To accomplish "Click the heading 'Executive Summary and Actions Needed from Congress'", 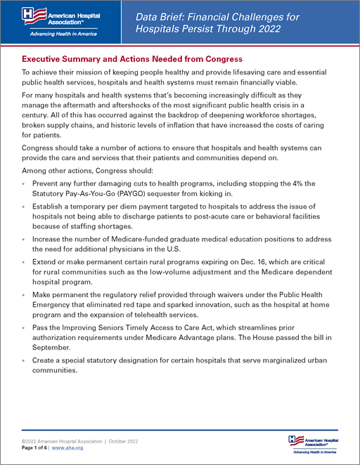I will pyautogui.click(x=132, y=58).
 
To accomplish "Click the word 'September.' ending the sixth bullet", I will pyautogui.click(x=53, y=346).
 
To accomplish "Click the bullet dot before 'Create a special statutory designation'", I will pyautogui.click(x=25, y=360).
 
